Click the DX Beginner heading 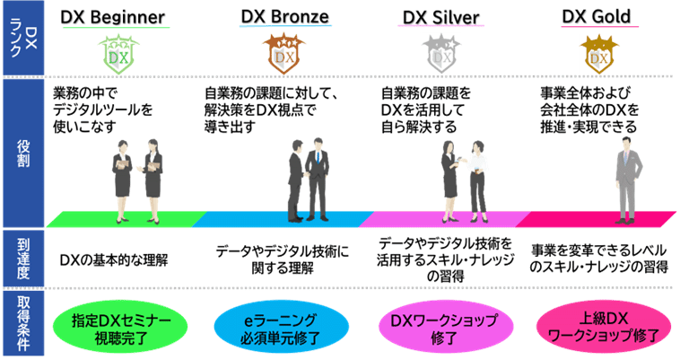(x=114, y=17)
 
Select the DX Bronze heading (x=284, y=17)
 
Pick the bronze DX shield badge (x=284, y=55)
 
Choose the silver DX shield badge (x=441, y=55)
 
